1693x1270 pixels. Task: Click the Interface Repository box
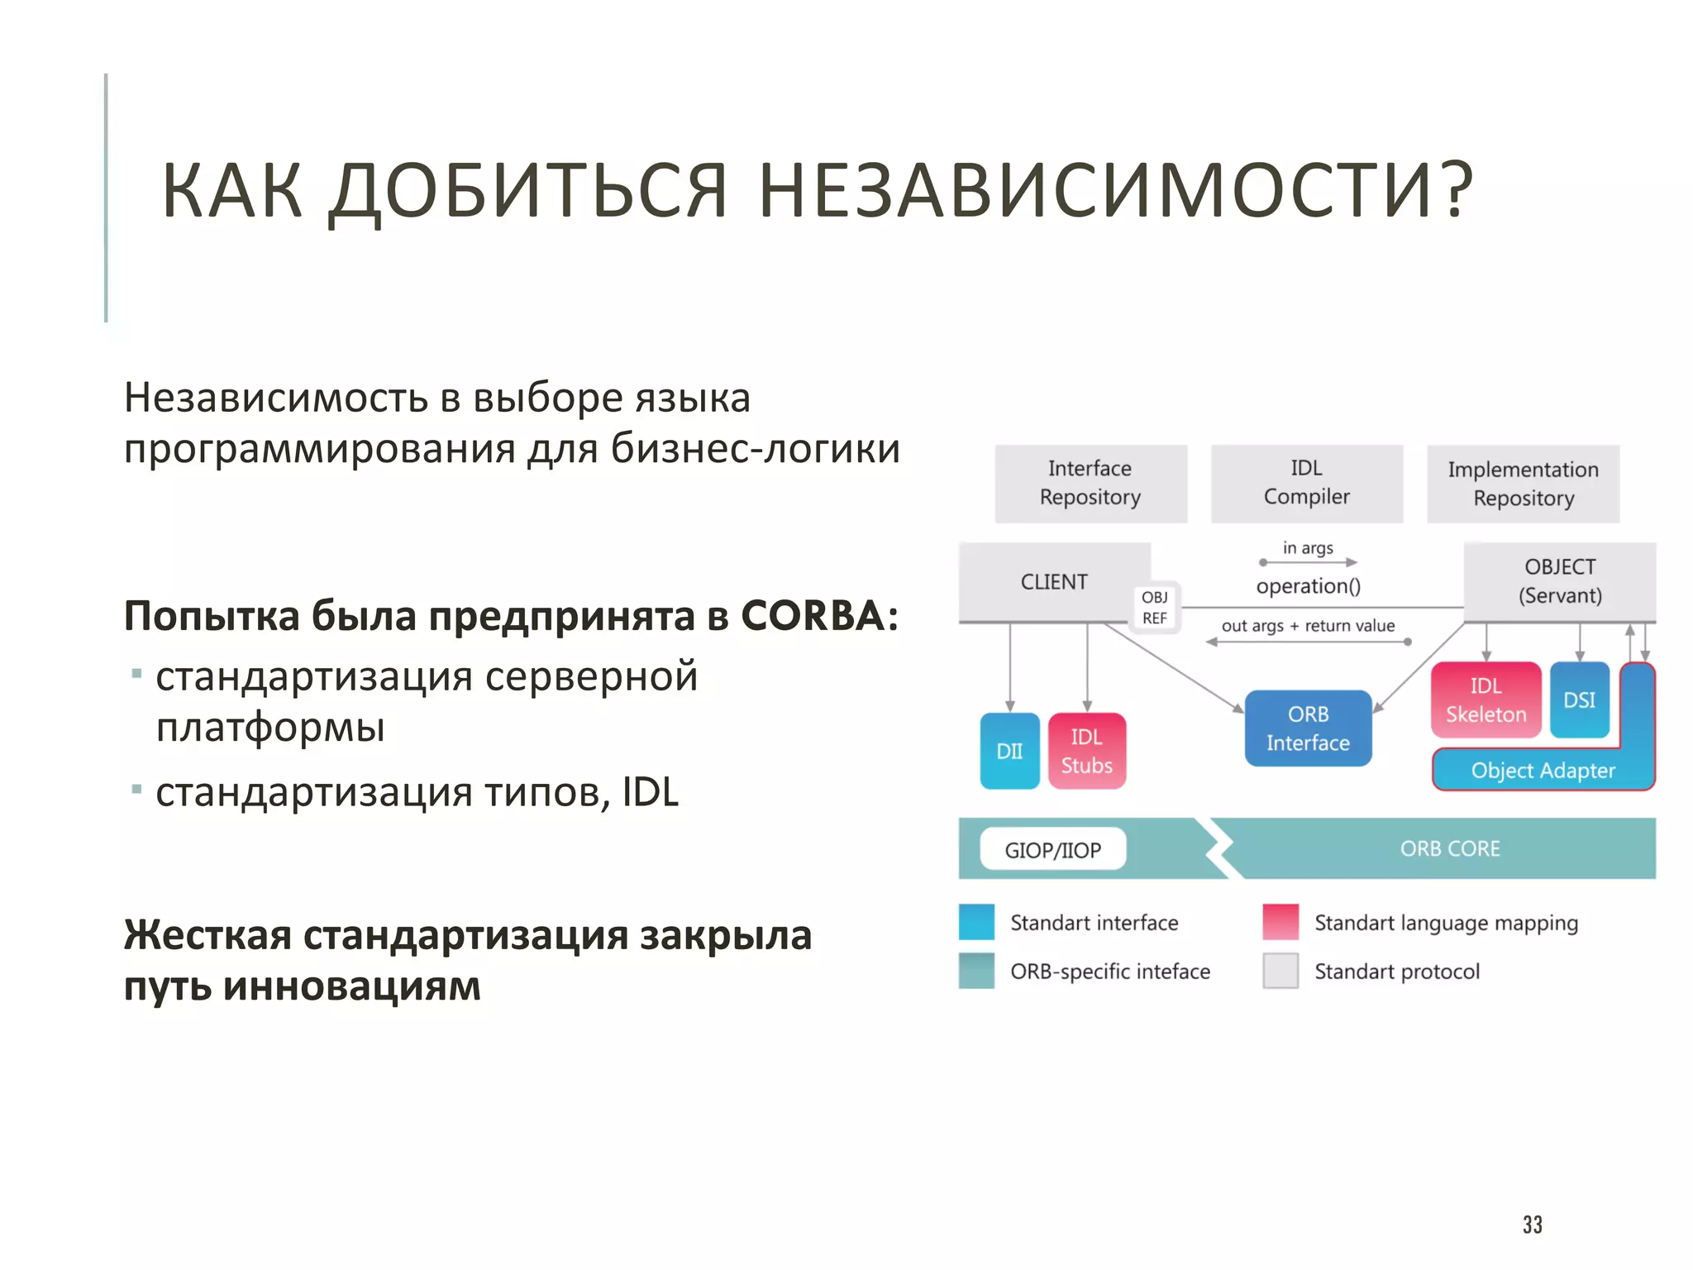1090,484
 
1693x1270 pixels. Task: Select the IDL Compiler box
1306,484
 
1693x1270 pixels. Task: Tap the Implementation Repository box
1523,485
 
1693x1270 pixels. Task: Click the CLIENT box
1054,582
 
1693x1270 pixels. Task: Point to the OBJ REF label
1155,608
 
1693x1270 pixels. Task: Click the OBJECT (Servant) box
1560,581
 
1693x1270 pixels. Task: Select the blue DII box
1009,751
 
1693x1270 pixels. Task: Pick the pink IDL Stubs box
1086,751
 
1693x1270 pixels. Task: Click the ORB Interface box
1308,728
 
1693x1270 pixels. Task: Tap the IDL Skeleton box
1486,700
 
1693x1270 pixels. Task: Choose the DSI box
1579,700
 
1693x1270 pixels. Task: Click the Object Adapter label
1543,771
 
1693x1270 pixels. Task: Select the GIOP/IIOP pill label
1052,849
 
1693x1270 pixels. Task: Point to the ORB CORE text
1449,849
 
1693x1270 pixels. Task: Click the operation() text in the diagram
1308,586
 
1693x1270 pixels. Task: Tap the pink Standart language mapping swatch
1280,923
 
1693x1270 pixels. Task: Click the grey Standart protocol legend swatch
1280,971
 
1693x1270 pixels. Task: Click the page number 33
1532,1225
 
